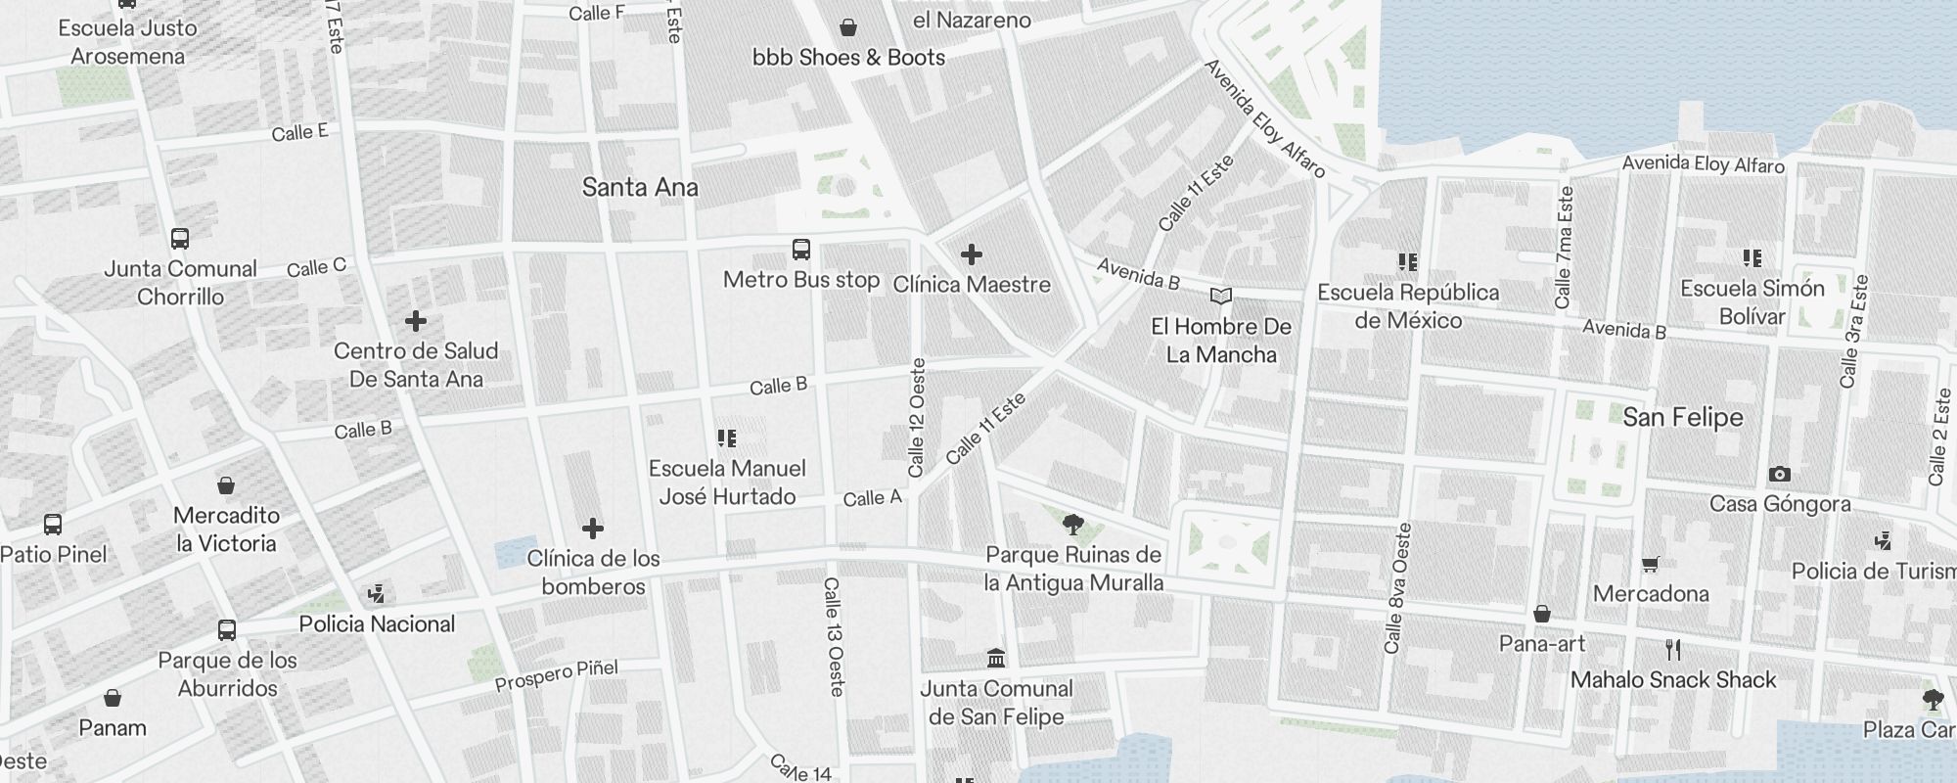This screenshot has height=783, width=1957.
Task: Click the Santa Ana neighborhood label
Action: click(640, 187)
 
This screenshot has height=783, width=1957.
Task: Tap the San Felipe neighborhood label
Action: click(1682, 417)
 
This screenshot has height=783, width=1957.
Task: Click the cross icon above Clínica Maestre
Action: click(971, 254)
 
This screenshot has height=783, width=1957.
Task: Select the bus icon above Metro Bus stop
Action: click(801, 250)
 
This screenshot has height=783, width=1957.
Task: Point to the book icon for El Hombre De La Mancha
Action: click(1220, 296)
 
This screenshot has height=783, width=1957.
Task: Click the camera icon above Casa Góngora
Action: click(1779, 475)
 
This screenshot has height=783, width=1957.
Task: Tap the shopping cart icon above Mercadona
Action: click(1650, 564)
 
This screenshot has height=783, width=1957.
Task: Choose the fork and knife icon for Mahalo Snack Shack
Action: click(1672, 649)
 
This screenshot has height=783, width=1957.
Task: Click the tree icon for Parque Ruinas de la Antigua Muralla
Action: click(1073, 524)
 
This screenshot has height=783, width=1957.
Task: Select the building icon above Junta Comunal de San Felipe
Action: click(996, 658)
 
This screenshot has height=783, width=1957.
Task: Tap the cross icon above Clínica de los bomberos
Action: click(592, 529)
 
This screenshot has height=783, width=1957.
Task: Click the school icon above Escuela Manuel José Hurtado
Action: click(726, 438)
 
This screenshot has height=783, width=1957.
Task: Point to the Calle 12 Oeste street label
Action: click(917, 418)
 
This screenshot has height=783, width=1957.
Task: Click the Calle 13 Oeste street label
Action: click(834, 636)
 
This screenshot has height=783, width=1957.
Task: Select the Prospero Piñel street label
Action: click(556, 675)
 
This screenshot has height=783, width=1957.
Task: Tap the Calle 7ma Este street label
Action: click(1563, 247)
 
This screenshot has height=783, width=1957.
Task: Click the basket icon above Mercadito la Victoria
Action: click(226, 485)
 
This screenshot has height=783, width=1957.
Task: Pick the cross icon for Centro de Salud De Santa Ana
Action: click(415, 320)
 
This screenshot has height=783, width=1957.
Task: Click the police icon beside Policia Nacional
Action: click(376, 593)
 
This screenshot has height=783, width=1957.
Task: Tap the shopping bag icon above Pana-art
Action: click(1541, 614)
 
